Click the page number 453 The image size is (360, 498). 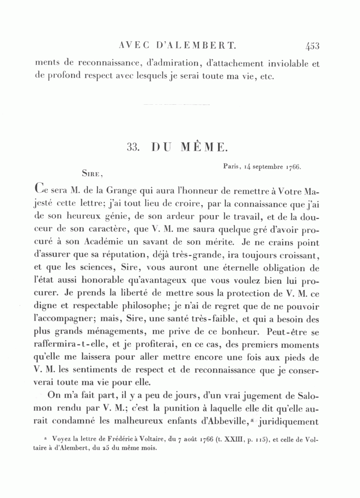312,46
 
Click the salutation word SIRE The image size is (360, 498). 92,174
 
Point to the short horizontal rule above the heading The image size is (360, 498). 176,105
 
